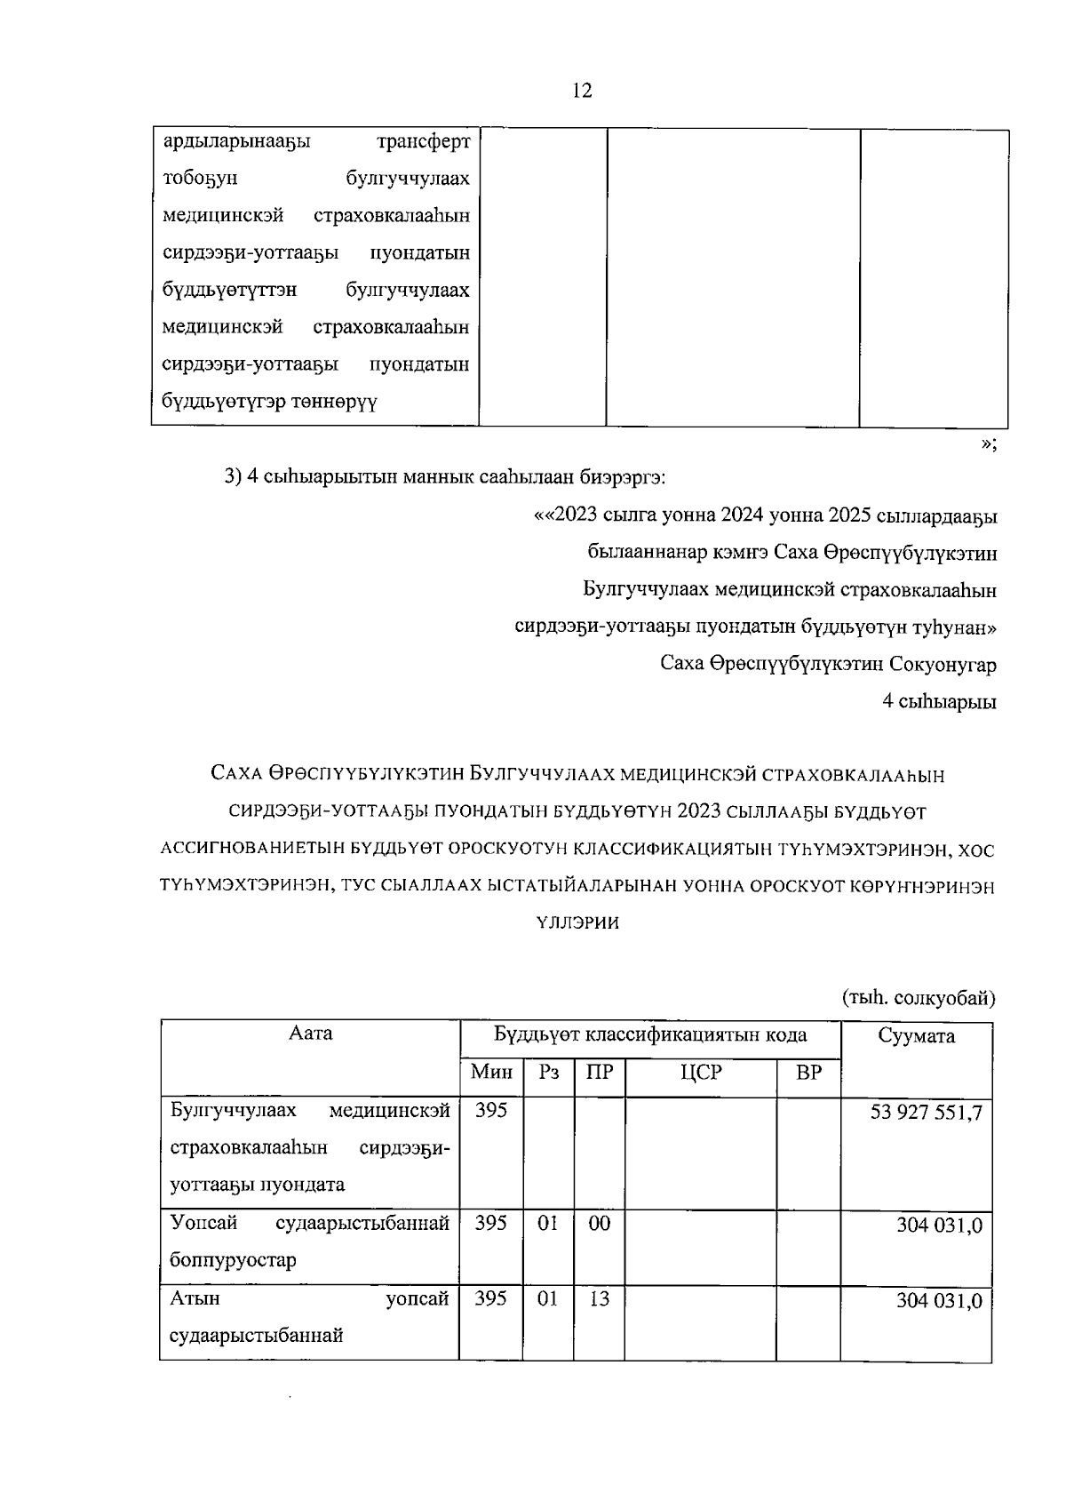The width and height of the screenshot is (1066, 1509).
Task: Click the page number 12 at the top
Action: (582, 91)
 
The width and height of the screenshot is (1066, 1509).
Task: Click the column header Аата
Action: (311, 1034)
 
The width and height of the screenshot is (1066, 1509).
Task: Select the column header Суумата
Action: (916, 1036)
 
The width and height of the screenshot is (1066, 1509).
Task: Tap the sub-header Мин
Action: (491, 1073)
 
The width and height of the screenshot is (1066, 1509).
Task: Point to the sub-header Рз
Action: (548, 1073)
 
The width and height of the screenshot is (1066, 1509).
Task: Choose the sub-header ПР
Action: (600, 1073)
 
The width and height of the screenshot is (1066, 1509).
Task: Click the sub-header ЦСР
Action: (701, 1073)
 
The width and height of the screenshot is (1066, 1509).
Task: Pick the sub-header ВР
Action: (808, 1073)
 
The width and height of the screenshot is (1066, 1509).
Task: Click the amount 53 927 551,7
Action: (927, 1113)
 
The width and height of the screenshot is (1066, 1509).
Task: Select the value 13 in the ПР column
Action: (600, 1299)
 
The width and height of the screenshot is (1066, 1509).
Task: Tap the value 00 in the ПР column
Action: (600, 1224)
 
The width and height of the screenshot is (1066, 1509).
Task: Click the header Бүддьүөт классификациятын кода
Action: (650, 1035)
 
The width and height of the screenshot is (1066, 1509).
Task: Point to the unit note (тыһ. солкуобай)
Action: (918, 999)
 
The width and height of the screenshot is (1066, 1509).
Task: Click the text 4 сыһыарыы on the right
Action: (939, 702)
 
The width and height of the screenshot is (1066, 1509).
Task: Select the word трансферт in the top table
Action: (423, 142)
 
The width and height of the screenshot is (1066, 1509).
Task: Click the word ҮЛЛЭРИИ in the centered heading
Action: (578, 923)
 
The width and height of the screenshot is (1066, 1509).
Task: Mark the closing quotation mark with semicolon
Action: (989, 444)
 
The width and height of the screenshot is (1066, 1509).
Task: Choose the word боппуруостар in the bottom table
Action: (233, 1261)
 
